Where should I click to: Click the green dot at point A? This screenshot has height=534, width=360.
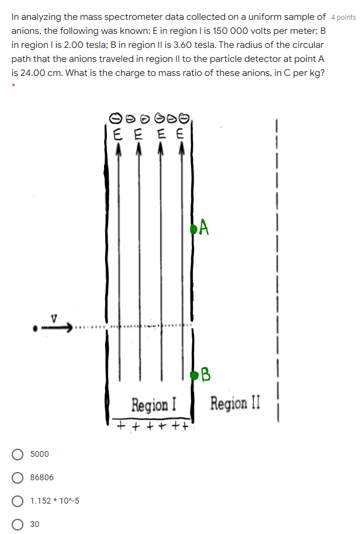[x=193, y=228]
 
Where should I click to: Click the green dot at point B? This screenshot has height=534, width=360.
[x=195, y=376]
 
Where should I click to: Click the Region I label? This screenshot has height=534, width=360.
[x=154, y=404]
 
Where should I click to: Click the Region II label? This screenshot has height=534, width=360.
[x=236, y=403]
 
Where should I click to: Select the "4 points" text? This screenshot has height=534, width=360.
[x=342, y=18]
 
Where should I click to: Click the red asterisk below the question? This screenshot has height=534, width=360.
[x=13, y=86]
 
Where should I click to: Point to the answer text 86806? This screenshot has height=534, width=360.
[x=41, y=477]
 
